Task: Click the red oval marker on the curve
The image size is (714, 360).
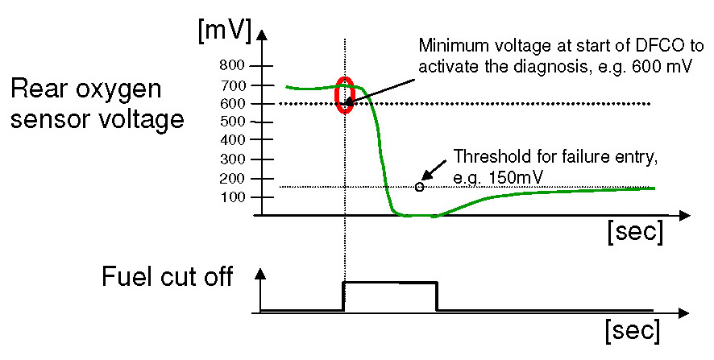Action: [x=345, y=95]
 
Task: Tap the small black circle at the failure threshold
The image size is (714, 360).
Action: [x=419, y=187]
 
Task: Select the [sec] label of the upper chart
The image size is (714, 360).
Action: [x=634, y=233]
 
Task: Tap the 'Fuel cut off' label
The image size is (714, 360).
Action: [x=167, y=277]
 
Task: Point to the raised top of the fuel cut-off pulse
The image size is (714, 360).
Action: [x=391, y=282]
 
